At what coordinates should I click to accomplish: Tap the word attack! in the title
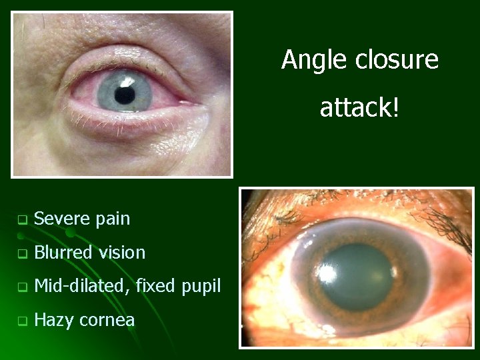359,107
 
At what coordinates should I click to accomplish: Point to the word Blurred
63,252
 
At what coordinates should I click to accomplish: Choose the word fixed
155,286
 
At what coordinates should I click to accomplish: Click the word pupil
199,287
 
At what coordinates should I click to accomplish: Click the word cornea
106,321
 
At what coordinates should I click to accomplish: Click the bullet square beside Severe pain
22,219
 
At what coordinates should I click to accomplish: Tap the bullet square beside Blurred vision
22,253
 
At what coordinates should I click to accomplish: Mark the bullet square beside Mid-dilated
22,287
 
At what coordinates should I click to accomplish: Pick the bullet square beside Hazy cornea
22,321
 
